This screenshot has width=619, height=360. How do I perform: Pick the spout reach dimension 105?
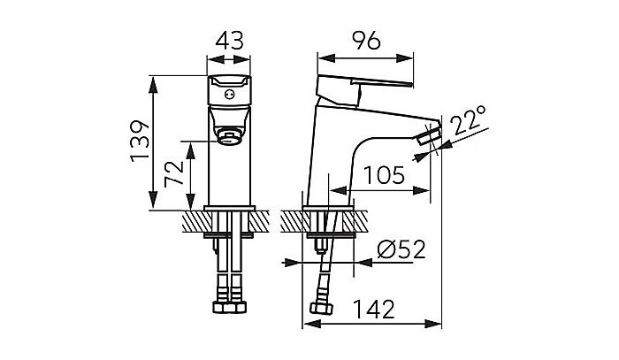click(x=383, y=174)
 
